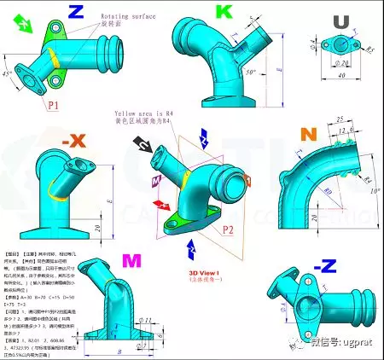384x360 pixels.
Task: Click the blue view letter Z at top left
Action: pyautogui.click(x=76, y=11)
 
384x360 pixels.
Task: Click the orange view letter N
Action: pyautogui.click(x=309, y=135)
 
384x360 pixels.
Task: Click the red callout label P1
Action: pyautogui.click(x=53, y=106)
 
